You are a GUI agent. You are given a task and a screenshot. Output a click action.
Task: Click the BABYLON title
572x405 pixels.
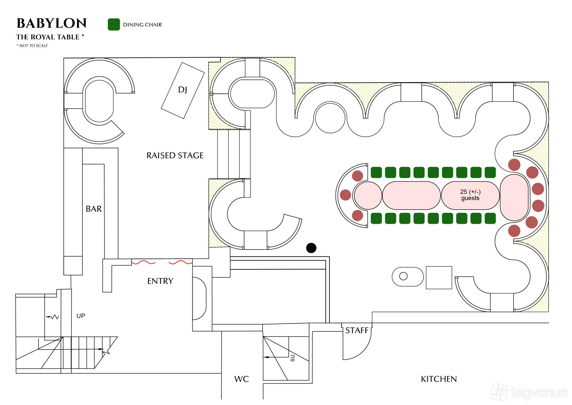[52, 23]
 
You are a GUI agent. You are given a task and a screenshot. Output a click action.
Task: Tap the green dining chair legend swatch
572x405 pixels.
[114, 25]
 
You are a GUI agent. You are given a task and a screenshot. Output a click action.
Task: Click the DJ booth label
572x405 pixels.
[182, 90]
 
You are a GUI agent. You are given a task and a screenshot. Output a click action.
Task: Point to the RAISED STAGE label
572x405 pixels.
[175, 155]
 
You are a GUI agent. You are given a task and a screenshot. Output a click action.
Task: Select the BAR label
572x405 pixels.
[94, 209]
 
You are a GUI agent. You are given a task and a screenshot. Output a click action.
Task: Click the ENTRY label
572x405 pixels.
[160, 281]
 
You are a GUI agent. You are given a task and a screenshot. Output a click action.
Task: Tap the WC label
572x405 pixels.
[242, 379]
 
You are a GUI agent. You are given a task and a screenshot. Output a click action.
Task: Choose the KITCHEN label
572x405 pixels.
[439, 379]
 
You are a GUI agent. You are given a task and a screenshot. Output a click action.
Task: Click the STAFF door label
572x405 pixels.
[357, 331]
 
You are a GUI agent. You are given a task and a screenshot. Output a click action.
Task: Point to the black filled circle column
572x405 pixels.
[311, 248]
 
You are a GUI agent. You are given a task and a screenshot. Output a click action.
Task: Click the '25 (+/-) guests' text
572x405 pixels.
[471, 195]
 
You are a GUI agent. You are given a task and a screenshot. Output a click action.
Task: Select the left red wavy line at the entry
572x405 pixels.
[144, 262]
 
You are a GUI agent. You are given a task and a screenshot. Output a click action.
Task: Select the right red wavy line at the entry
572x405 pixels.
[180, 262]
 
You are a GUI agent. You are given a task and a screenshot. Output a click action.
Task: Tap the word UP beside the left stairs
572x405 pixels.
[81, 316]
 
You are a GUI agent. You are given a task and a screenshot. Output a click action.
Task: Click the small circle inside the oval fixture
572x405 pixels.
[403, 276]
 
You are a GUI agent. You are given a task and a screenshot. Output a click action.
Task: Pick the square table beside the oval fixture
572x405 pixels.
[439, 277]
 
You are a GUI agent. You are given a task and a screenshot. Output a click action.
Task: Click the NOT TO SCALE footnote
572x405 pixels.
[32, 46]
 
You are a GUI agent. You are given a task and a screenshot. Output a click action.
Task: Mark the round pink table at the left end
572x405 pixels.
[368, 196]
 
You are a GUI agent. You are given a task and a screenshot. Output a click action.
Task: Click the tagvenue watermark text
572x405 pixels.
[540, 392]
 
